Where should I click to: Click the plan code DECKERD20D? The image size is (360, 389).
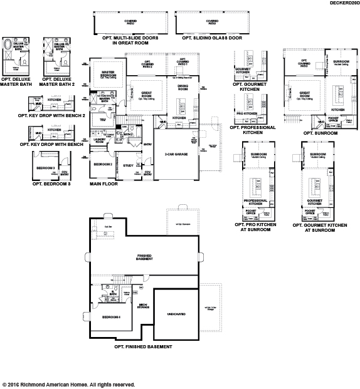pyautogui.click(x=342, y=3)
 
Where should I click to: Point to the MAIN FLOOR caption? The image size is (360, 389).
pyautogui.click(x=104, y=185)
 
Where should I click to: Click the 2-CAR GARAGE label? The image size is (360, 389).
pyautogui.click(x=177, y=153)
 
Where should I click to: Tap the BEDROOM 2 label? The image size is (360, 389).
pyautogui.click(x=103, y=164)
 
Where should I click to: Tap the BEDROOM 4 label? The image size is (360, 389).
pyautogui.click(x=112, y=316)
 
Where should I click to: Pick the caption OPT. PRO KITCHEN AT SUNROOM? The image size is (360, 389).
pyautogui.click(x=256, y=226)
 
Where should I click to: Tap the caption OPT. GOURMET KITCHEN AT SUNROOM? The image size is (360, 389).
pyautogui.click(x=317, y=226)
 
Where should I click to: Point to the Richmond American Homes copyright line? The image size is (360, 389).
pyautogui.click(x=69, y=384)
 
